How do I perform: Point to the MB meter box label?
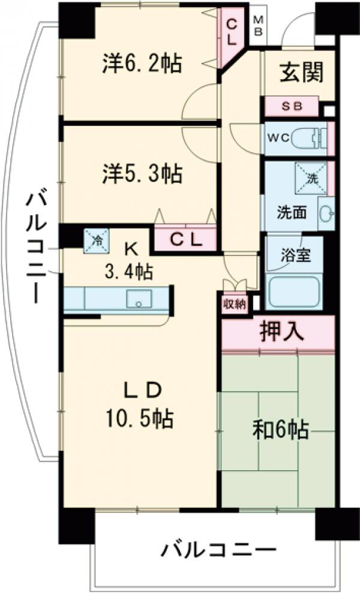(257, 26)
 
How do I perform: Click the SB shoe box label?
(292, 107)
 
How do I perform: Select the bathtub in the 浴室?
(295, 291)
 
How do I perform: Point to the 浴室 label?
(295, 254)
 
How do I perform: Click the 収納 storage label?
(235, 303)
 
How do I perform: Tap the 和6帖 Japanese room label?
(280, 429)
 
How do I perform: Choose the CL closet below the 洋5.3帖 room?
(184, 240)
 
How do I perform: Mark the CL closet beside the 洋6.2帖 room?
(232, 30)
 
